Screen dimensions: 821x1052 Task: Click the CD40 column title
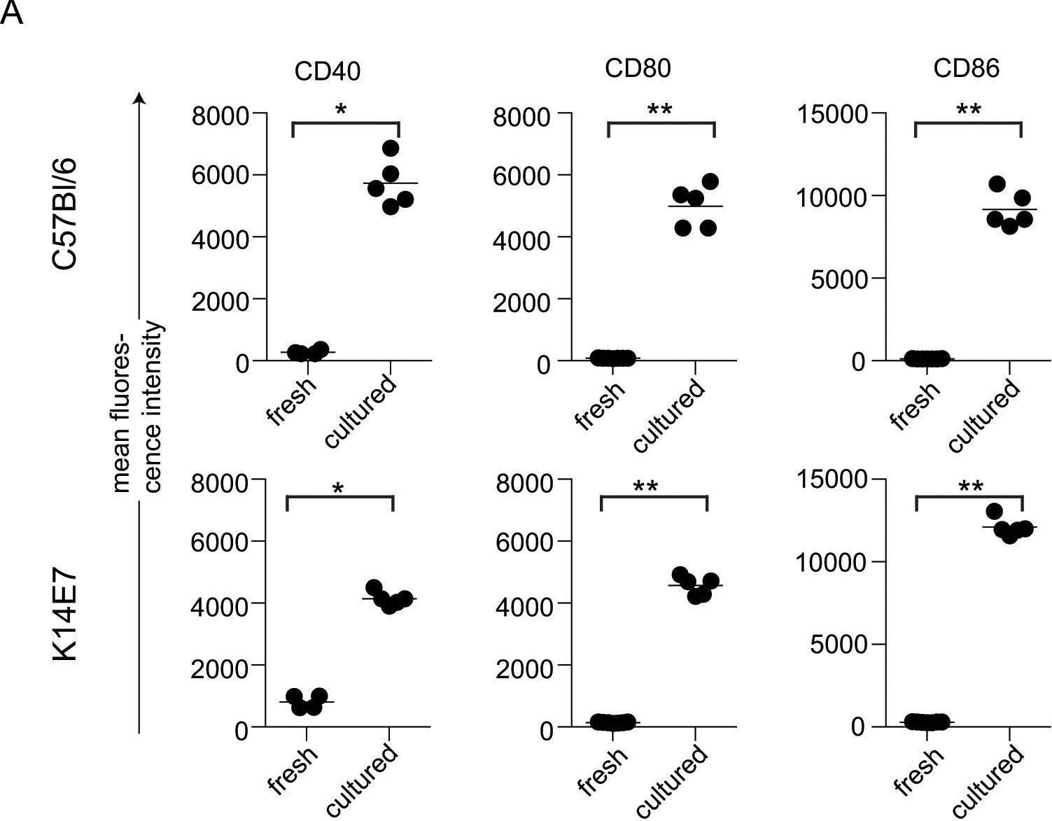[327, 71]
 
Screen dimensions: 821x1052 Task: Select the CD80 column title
[638, 68]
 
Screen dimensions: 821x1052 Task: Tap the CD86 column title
[966, 68]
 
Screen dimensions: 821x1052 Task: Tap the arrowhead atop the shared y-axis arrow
[141, 98]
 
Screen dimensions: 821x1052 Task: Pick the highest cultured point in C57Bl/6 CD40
[391, 148]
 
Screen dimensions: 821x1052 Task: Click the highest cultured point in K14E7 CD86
[994, 511]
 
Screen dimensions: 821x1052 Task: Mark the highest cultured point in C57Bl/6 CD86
[997, 184]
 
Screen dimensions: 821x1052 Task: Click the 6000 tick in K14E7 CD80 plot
[524, 542]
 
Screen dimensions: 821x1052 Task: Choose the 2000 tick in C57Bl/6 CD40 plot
[219, 301]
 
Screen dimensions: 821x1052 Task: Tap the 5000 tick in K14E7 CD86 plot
[838, 645]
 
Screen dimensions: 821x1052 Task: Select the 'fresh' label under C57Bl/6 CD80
[601, 405]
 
